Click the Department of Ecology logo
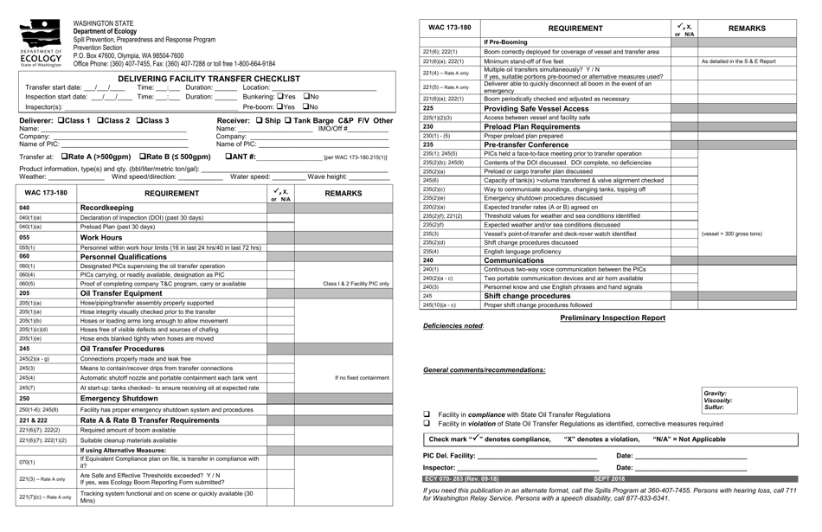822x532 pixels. coord(41,42)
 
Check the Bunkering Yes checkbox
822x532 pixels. coord(279,97)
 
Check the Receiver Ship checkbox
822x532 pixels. coord(258,120)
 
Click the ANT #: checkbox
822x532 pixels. coord(228,157)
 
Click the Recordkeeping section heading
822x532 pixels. coord(106,208)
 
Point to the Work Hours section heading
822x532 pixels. coord(101,237)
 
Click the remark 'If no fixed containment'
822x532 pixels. coord(362,377)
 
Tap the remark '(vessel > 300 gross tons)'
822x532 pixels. coord(731,234)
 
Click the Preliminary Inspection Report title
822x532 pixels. coord(613,317)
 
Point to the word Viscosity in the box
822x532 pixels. coord(717,401)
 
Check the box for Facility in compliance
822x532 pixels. coord(427,415)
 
